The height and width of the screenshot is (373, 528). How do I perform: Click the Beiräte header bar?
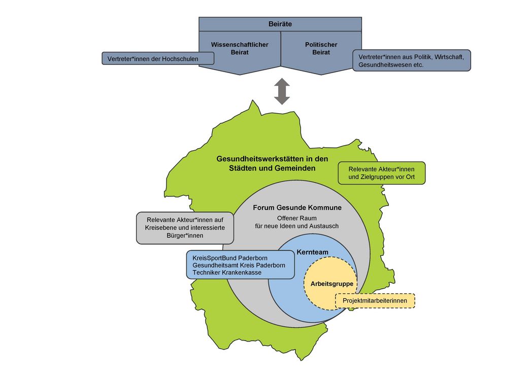(x=280, y=24)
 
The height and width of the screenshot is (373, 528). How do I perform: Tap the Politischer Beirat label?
(x=321, y=49)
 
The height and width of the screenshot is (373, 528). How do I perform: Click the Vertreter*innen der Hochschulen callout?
(x=157, y=59)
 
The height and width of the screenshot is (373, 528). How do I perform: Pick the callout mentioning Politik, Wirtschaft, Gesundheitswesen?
(x=411, y=60)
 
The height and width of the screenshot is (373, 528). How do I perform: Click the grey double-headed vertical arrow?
(x=282, y=91)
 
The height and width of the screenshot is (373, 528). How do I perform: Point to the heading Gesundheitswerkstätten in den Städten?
(x=272, y=163)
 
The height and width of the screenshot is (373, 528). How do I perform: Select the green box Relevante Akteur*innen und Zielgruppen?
(x=381, y=173)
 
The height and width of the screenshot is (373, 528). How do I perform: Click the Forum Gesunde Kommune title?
(x=297, y=208)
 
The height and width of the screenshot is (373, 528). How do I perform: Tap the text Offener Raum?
(x=296, y=218)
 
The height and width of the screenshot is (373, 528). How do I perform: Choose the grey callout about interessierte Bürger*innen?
(x=185, y=228)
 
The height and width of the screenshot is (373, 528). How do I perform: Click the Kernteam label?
(x=313, y=252)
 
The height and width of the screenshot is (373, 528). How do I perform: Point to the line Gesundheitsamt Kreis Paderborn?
(x=239, y=265)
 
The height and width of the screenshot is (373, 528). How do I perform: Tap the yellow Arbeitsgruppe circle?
(x=332, y=284)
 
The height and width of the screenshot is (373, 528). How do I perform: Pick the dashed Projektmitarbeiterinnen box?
(x=375, y=301)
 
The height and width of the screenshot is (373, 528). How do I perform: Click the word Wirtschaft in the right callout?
(x=444, y=57)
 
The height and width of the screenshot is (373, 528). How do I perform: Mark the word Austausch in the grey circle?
(x=323, y=226)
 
